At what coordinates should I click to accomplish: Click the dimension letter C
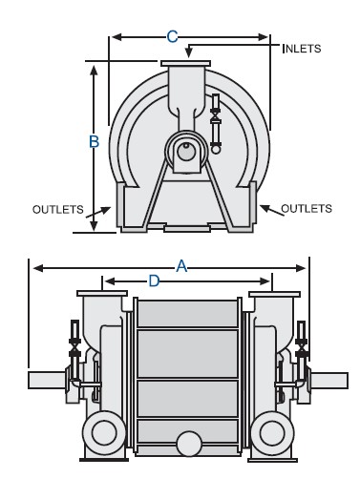(x=172, y=36)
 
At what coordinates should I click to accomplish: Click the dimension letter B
(x=94, y=141)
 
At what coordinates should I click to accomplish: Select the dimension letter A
(x=181, y=266)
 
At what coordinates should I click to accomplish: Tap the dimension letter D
(x=154, y=281)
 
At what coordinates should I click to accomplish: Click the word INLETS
(x=302, y=49)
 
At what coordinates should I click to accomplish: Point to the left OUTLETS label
(x=58, y=209)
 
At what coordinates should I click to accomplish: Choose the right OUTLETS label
(x=307, y=209)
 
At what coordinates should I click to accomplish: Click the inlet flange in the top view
(x=185, y=64)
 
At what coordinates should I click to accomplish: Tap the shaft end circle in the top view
(x=186, y=152)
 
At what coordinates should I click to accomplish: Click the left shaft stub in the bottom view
(x=47, y=380)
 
